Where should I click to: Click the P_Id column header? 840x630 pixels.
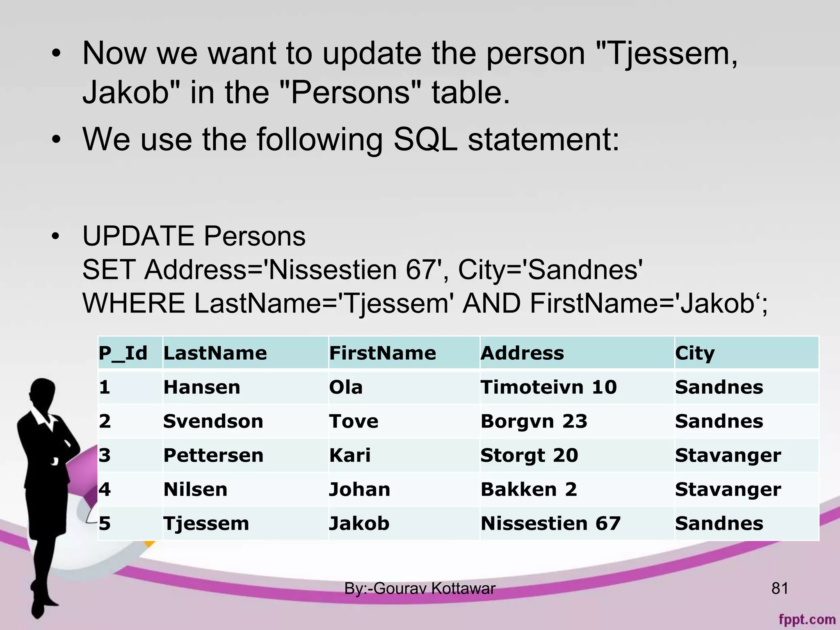(x=123, y=353)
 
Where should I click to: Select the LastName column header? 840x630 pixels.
(x=215, y=353)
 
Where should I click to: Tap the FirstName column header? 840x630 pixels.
(x=382, y=353)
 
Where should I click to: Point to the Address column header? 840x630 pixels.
(x=522, y=353)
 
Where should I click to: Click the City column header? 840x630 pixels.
(x=695, y=353)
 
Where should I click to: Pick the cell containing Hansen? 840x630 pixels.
(x=202, y=387)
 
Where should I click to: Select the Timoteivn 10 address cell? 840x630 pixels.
(x=548, y=387)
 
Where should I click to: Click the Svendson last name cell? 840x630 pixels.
(x=213, y=421)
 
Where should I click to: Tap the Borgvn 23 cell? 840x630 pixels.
(x=534, y=421)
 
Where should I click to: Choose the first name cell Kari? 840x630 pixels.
(x=350, y=455)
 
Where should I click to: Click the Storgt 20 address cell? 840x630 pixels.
(x=529, y=455)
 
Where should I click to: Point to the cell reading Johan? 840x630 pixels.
(x=360, y=489)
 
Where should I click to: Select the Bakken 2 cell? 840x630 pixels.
(x=529, y=489)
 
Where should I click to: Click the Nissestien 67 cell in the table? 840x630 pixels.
(x=550, y=523)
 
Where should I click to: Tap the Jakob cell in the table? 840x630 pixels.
(x=359, y=523)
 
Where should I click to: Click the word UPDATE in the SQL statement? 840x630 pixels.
(x=138, y=236)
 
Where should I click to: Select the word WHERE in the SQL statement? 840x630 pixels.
(x=134, y=304)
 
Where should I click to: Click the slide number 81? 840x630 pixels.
(x=780, y=589)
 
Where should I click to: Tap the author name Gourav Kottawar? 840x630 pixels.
(x=434, y=589)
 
